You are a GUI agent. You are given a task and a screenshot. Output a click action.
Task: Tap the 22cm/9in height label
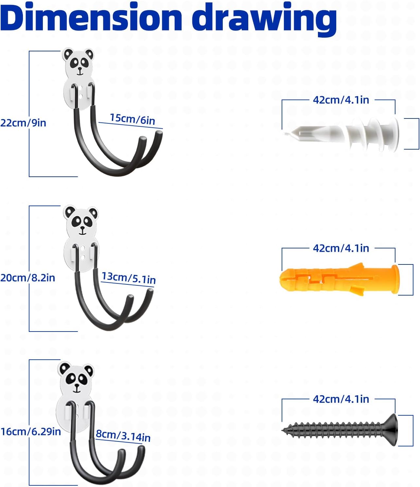pos(23,123)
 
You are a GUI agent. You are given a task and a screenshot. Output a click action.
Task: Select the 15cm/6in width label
pos(132,119)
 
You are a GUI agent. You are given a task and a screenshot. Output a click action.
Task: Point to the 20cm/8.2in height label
pos(27,278)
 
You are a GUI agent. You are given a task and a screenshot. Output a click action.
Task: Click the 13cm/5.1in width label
pos(128,278)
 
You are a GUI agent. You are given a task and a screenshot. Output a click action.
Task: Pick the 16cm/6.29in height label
pos(31,432)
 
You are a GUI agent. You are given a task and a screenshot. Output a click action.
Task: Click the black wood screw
pos(340,429)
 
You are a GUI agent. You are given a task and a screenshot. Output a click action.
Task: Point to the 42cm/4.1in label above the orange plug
pos(341,248)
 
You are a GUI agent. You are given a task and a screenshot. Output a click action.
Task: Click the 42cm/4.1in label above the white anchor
pos(341,100)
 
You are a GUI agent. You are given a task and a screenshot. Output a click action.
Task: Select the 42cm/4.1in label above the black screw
pos(341,399)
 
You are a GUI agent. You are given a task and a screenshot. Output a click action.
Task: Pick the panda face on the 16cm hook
pos(76,378)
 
